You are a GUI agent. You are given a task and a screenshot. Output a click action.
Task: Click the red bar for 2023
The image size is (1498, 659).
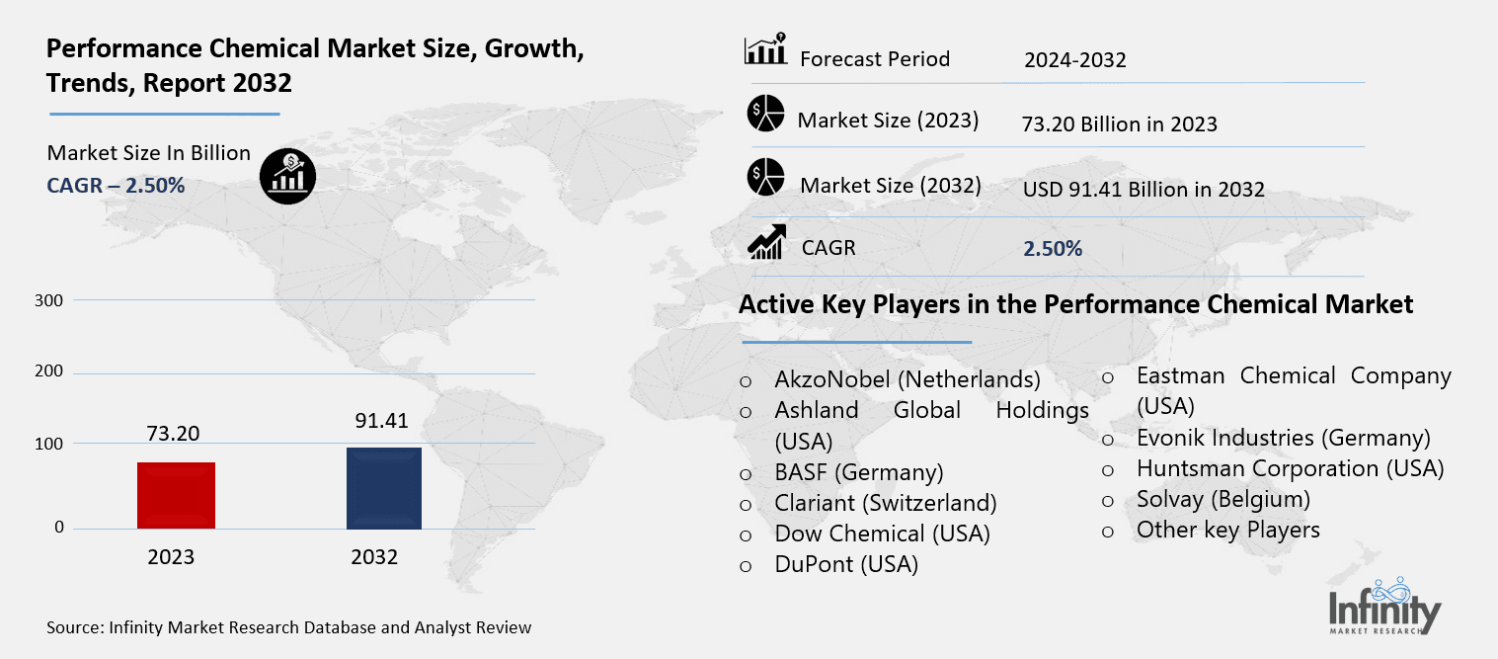[176, 495]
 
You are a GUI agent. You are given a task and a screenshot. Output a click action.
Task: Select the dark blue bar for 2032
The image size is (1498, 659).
[383, 488]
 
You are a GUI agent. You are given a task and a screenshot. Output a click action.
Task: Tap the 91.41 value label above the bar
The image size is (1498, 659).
[381, 421]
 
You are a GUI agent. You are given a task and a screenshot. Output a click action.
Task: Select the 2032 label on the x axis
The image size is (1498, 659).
[374, 557]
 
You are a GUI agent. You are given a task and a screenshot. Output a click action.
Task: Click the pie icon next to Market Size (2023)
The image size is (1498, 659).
[765, 115]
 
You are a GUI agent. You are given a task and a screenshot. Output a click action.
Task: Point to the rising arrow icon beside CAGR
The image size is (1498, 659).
[766, 243]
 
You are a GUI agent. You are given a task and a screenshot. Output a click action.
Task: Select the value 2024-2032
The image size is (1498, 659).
[1074, 60]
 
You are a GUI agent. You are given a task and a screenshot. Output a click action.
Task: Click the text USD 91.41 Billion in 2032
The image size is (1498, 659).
[1143, 190]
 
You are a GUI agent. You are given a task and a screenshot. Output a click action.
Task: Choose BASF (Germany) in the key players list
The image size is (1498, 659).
[859, 471]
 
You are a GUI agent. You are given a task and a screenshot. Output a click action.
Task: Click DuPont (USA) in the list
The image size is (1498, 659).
[846, 564]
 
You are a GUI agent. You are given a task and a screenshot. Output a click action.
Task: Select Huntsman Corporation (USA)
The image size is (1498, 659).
[1290, 467]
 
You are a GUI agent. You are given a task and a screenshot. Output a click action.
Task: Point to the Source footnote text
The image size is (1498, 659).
[288, 627]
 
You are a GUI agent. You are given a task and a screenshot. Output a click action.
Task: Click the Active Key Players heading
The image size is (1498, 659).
[1075, 304]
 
